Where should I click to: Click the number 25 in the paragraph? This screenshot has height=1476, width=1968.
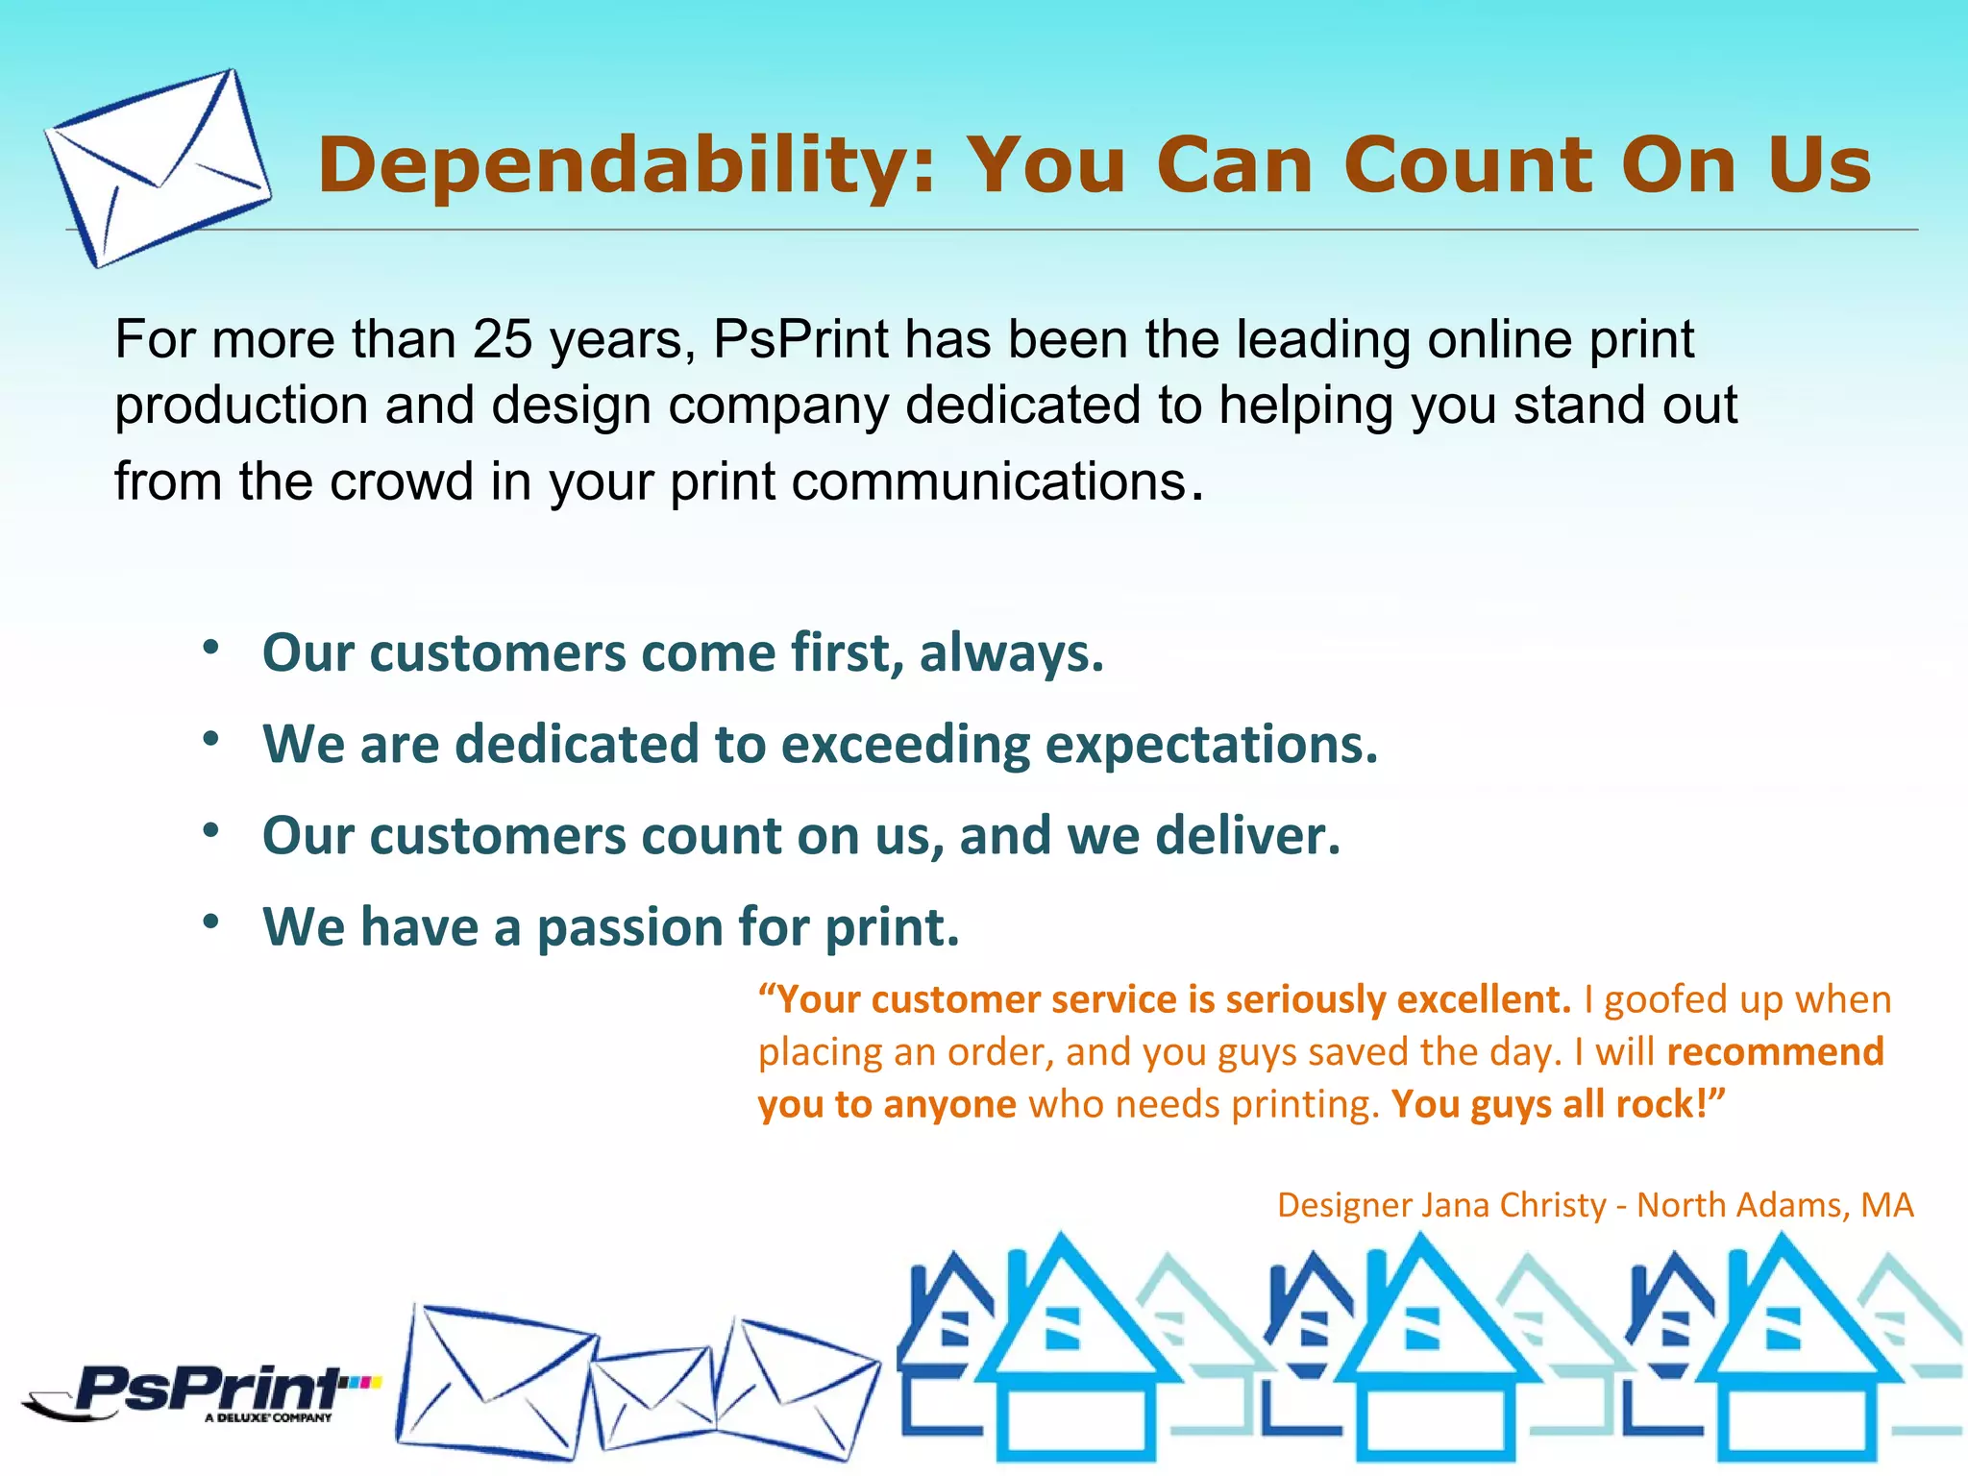[503, 339]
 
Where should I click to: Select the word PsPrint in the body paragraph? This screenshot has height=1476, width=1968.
[801, 339]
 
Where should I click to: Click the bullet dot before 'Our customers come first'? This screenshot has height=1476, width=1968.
[211, 647]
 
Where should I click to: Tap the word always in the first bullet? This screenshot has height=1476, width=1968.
[1010, 653]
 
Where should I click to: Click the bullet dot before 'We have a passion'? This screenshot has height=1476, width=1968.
[211, 922]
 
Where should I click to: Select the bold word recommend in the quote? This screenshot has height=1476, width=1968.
[1775, 1052]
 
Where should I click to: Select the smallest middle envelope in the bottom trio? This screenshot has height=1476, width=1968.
[653, 1399]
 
